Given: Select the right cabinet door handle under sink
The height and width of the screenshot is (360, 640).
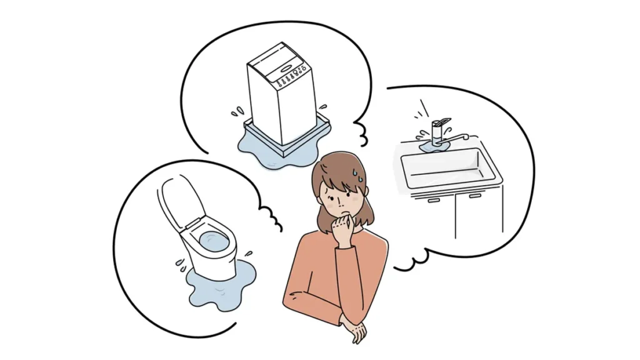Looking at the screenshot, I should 475,196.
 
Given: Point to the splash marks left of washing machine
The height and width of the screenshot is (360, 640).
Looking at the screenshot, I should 237,112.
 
